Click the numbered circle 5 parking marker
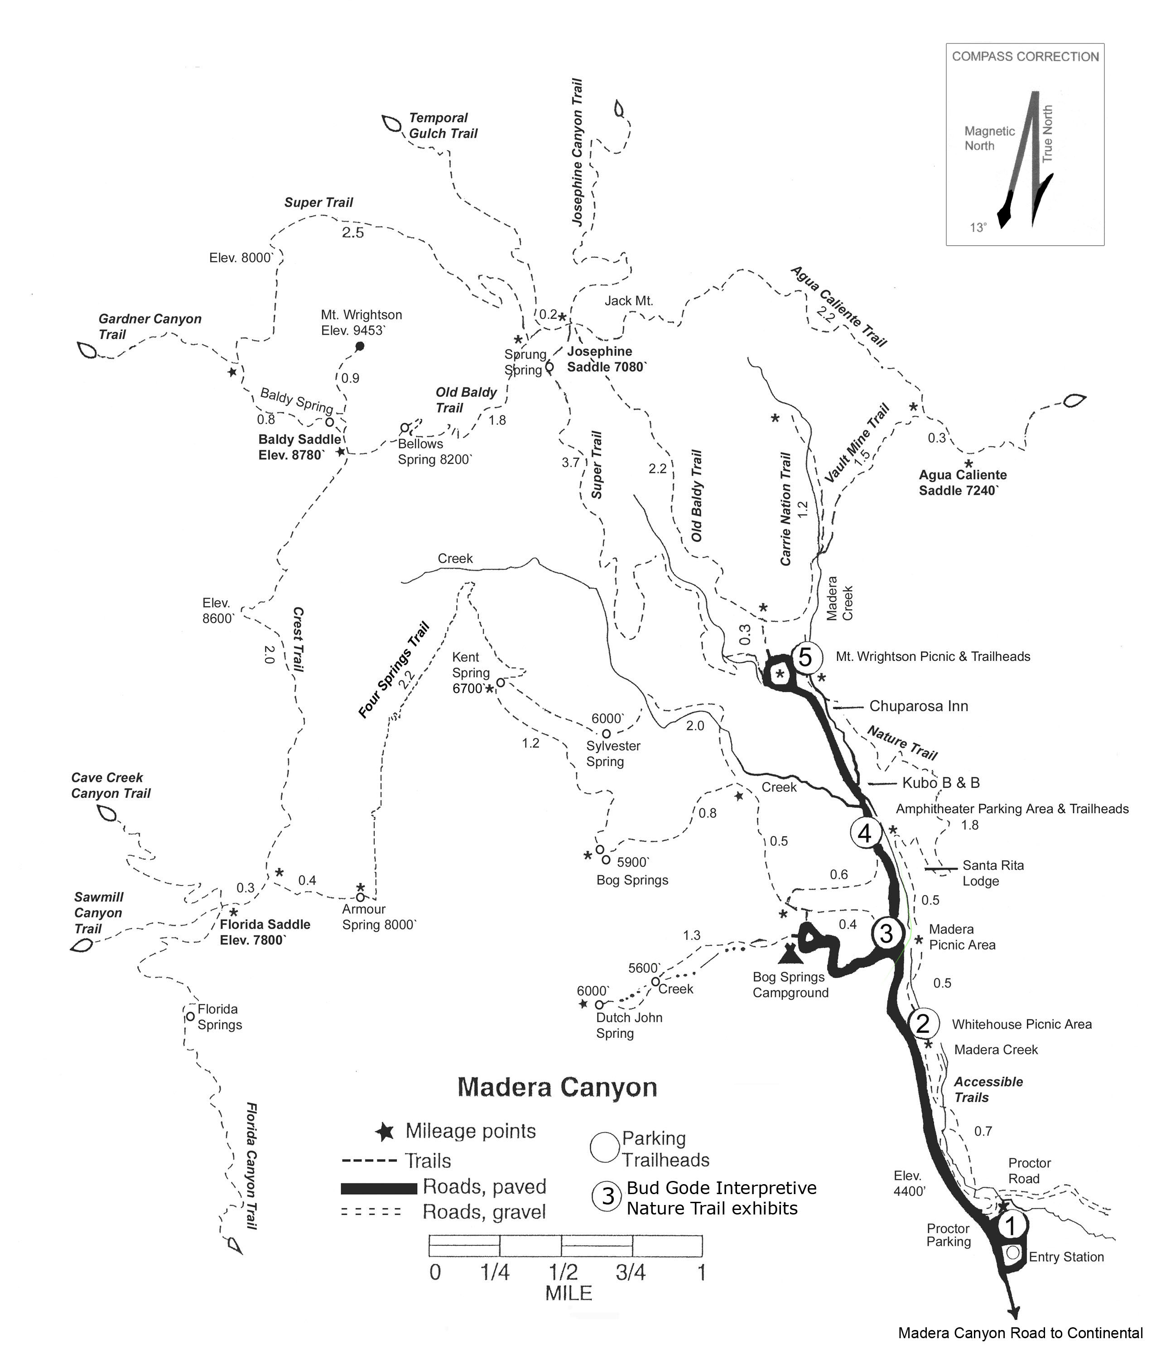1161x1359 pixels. pos(805,656)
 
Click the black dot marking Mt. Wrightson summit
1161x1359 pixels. pos(360,346)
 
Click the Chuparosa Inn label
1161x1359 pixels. pos(918,706)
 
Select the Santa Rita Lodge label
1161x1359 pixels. pos(992,873)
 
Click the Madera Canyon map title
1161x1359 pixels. pos(557,1087)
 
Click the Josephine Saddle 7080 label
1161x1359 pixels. pos(607,359)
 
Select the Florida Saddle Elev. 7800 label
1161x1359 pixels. pos(265,932)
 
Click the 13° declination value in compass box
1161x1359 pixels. pos(978,227)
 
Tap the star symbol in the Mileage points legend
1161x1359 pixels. pos(385,1132)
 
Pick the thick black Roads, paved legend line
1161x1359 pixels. pos(379,1188)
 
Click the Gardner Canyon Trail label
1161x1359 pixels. pos(149,327)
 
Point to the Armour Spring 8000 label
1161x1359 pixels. pos(379,917)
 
